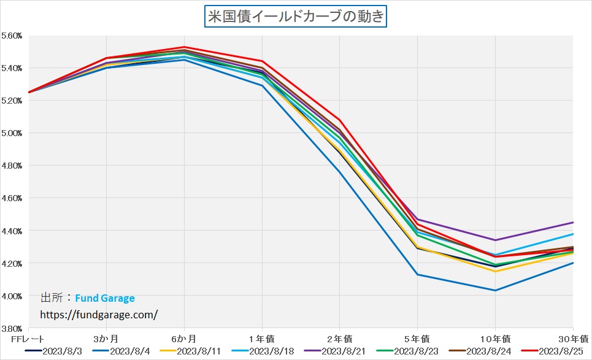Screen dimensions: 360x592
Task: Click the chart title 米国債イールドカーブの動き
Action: tap(296, 17)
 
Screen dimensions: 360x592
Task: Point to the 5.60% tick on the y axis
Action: tap(12, 36)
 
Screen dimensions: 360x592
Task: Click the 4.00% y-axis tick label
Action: tap(12, 296)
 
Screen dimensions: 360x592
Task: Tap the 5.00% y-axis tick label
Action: tap(12, 133)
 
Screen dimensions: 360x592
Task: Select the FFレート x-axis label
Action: tap(29, 339)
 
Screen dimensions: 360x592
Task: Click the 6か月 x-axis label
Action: tap(184, 339)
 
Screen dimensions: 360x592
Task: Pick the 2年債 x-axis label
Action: tap(340, 339)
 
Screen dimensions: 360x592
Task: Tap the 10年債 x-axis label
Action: tap(494, 339)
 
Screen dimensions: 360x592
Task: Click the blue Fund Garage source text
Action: tap(105, 299)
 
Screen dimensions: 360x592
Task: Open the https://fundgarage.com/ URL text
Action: tap(99, 315)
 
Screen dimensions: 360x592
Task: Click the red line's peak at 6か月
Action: tap(184, 47)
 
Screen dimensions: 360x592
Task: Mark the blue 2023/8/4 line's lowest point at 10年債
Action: tap(495, 290)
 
